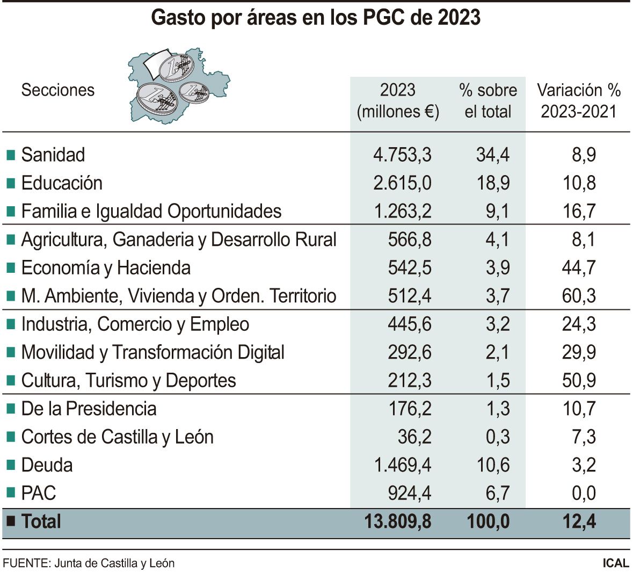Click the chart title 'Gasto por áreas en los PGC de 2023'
316,18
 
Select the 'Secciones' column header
57,90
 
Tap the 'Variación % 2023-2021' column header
578,100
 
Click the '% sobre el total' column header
488,100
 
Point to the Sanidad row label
53,155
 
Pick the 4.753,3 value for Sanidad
402,155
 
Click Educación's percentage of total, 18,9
493,183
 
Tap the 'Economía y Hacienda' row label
105,267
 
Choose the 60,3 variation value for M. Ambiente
579,296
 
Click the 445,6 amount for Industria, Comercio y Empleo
409,324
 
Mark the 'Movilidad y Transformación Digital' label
152,352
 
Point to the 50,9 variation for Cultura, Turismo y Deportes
579,380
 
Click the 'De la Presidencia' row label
89,409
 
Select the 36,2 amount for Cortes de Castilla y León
414,437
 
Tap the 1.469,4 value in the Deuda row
402,465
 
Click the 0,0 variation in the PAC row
584,493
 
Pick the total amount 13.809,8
397,521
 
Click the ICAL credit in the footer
615,563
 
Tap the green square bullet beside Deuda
10,465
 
